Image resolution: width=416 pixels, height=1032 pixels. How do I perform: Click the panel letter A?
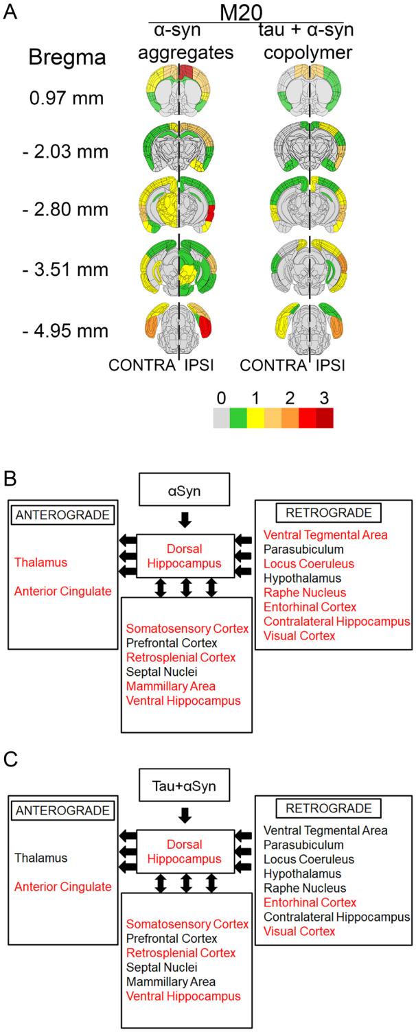pyautogui.click(x=10, y=12)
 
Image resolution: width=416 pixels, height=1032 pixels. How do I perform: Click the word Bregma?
pyautogui.click(x=67, y=58)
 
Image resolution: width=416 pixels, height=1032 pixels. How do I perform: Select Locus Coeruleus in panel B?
pyautogui.click(x=305, y=563)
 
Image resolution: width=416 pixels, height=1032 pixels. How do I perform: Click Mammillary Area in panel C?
pyautogui.click(x=170, y=981)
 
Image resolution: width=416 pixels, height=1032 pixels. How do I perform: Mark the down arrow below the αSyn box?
pyautogui.click(x=184, y=521)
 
